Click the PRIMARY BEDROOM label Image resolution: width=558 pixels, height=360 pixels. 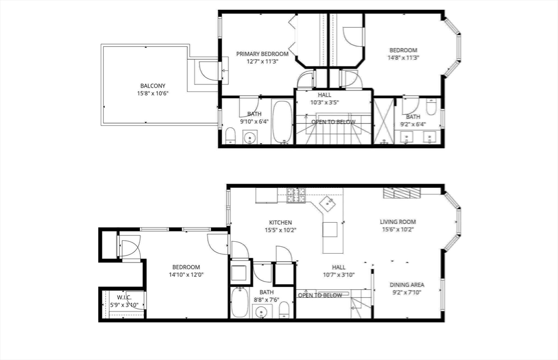(262, 54)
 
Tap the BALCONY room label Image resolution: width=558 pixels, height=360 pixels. (153, 86)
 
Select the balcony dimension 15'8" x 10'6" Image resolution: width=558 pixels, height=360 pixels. (153, 94)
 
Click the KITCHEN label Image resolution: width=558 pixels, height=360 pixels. (281, 223)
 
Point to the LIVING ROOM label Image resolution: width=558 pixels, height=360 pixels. (398, 222)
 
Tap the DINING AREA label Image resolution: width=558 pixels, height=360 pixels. (407, 285)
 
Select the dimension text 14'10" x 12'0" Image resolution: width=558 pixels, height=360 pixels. (186, 275)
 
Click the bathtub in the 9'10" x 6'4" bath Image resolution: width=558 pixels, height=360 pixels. (282, 121)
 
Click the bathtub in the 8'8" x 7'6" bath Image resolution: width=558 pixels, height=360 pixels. (240, 303)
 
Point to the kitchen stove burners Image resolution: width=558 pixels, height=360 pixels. (296, 195)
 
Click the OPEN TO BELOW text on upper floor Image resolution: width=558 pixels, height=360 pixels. (333, 122)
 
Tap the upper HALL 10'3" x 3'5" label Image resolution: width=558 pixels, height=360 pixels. (324, 99)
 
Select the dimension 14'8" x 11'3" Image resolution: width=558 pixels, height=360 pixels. (403, 57)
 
